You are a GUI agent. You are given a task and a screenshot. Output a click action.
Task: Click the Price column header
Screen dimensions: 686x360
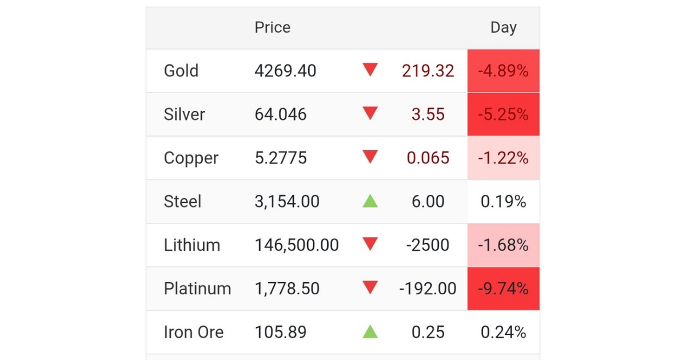(272, 27)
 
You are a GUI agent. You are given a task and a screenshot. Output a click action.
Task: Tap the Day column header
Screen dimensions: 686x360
(504, 28)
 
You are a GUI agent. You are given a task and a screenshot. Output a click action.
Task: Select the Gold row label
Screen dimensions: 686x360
(181, 71)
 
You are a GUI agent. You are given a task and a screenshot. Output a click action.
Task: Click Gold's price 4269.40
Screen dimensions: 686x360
(285, 71)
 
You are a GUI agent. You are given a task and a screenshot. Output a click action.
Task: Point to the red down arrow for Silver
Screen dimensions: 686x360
(370, 113)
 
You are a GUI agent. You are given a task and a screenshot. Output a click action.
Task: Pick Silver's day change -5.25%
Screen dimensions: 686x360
(503, 114)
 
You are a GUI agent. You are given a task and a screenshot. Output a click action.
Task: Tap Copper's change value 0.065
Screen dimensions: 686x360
(428, 158)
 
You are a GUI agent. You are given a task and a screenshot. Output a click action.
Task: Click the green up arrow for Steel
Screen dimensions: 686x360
(370, 201)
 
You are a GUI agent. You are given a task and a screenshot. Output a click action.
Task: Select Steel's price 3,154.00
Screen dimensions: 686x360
(287, 202)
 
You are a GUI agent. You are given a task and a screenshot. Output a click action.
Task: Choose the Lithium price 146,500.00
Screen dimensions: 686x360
(297, 245)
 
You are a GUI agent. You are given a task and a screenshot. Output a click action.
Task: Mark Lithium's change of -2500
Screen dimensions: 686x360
(428, 245)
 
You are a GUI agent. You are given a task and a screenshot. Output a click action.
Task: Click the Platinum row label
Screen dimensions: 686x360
(197, 289)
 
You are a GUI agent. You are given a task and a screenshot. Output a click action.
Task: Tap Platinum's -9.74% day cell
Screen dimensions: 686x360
(503, 289)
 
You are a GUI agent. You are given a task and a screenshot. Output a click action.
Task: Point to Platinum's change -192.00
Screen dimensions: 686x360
(428, 289)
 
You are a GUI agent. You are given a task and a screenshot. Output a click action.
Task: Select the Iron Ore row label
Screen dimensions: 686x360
(194, 332)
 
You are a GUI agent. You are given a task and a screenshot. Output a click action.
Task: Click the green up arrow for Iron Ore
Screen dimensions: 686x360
(370, 331)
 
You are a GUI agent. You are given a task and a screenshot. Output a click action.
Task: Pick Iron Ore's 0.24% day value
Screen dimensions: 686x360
(503, 332)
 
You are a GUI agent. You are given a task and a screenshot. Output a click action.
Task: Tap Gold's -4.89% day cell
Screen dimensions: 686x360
(503, 71)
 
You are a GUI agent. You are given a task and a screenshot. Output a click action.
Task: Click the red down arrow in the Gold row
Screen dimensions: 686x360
(370, 70)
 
